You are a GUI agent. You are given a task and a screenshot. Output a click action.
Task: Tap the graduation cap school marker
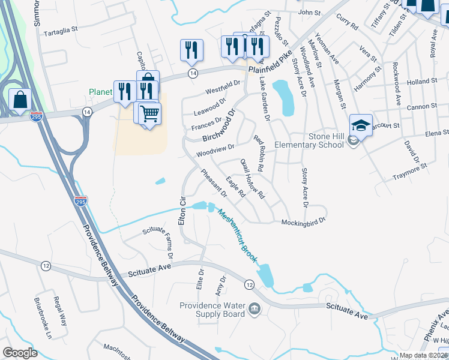click(x=361, y=125)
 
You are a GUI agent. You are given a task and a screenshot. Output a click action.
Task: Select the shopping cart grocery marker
click(x=149, y=113)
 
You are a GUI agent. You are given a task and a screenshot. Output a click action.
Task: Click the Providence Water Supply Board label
click(x=212, y=310)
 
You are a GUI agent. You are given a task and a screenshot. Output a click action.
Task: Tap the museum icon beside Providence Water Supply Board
click(x=255, y=309)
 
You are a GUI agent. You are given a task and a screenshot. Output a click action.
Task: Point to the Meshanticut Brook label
click(x=237, y=236)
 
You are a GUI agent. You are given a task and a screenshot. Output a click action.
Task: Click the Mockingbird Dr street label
click(x=303, y=221)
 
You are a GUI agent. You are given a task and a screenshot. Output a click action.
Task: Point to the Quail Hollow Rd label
click(x=252, y=178)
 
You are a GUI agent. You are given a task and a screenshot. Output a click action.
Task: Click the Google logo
click(x=20, y=352)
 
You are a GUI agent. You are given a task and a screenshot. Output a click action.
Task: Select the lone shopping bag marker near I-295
click(x=20, y=100)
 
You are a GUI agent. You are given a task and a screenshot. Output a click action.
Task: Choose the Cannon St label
click(x=421, y=106)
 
